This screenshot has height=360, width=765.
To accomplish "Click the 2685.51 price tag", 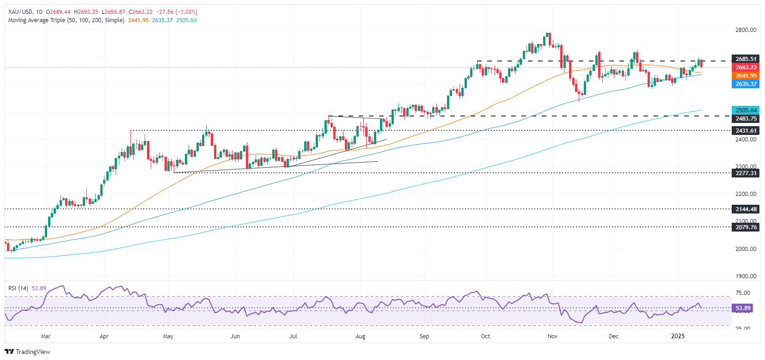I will [x=746, y=59].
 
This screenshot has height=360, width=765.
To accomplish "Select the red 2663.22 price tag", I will [x=746, y=67].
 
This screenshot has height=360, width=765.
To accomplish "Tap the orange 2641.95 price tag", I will [x=746, y=76].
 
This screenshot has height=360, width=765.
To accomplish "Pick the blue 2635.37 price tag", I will [x=746, y=84].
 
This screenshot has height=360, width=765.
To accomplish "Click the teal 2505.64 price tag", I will [x=746, y=110].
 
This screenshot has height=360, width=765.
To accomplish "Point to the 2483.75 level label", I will [x=746, y=119].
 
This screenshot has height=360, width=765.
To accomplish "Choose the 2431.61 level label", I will [x=746, y=131].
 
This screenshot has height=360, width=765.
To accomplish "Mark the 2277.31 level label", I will [x=746, y=173].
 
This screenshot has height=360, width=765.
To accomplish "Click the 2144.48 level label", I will [x=746, y=209].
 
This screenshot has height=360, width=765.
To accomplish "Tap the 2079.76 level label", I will [x=746, y=227].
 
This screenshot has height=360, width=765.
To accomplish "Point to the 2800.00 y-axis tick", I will [x=746, y=30].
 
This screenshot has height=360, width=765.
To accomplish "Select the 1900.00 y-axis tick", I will [x=746, y=276].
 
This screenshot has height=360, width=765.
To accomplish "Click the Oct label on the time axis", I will [x=485, y=336].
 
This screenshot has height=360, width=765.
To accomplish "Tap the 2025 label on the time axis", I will [x=678, y=336].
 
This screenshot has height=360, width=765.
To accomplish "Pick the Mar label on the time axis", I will [x=45, y=336].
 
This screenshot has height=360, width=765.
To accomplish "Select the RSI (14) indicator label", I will [x=18, y=288].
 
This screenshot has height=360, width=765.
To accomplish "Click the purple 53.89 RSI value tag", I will [x=743, y=308].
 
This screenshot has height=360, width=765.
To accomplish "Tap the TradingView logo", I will [x=28, y=352].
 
